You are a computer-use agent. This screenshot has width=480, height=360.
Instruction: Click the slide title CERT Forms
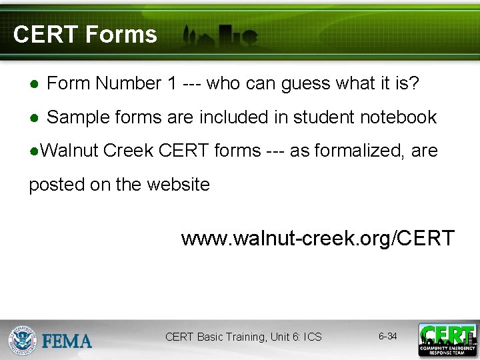click(x=85, y=35)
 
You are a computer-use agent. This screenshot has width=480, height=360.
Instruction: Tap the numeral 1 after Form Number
click(x=172, y=84)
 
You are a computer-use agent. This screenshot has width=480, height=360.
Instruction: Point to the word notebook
click(x=398, y=118)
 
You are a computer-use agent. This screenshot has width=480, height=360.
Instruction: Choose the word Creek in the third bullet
click(x=129, y=151)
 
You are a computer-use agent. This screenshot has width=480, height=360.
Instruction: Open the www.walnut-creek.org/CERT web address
click(x=317, y=238)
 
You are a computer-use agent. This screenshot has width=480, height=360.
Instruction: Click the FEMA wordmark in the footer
click(x=67, y=341)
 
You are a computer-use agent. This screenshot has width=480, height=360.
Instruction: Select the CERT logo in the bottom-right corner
click(x=447, y=340)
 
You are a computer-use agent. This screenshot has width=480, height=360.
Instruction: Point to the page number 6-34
click(x=387, y=337)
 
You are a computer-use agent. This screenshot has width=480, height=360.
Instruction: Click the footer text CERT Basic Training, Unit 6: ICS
click(x=243, y=337)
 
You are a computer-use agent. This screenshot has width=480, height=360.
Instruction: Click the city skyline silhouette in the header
click(x=220, y=37)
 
